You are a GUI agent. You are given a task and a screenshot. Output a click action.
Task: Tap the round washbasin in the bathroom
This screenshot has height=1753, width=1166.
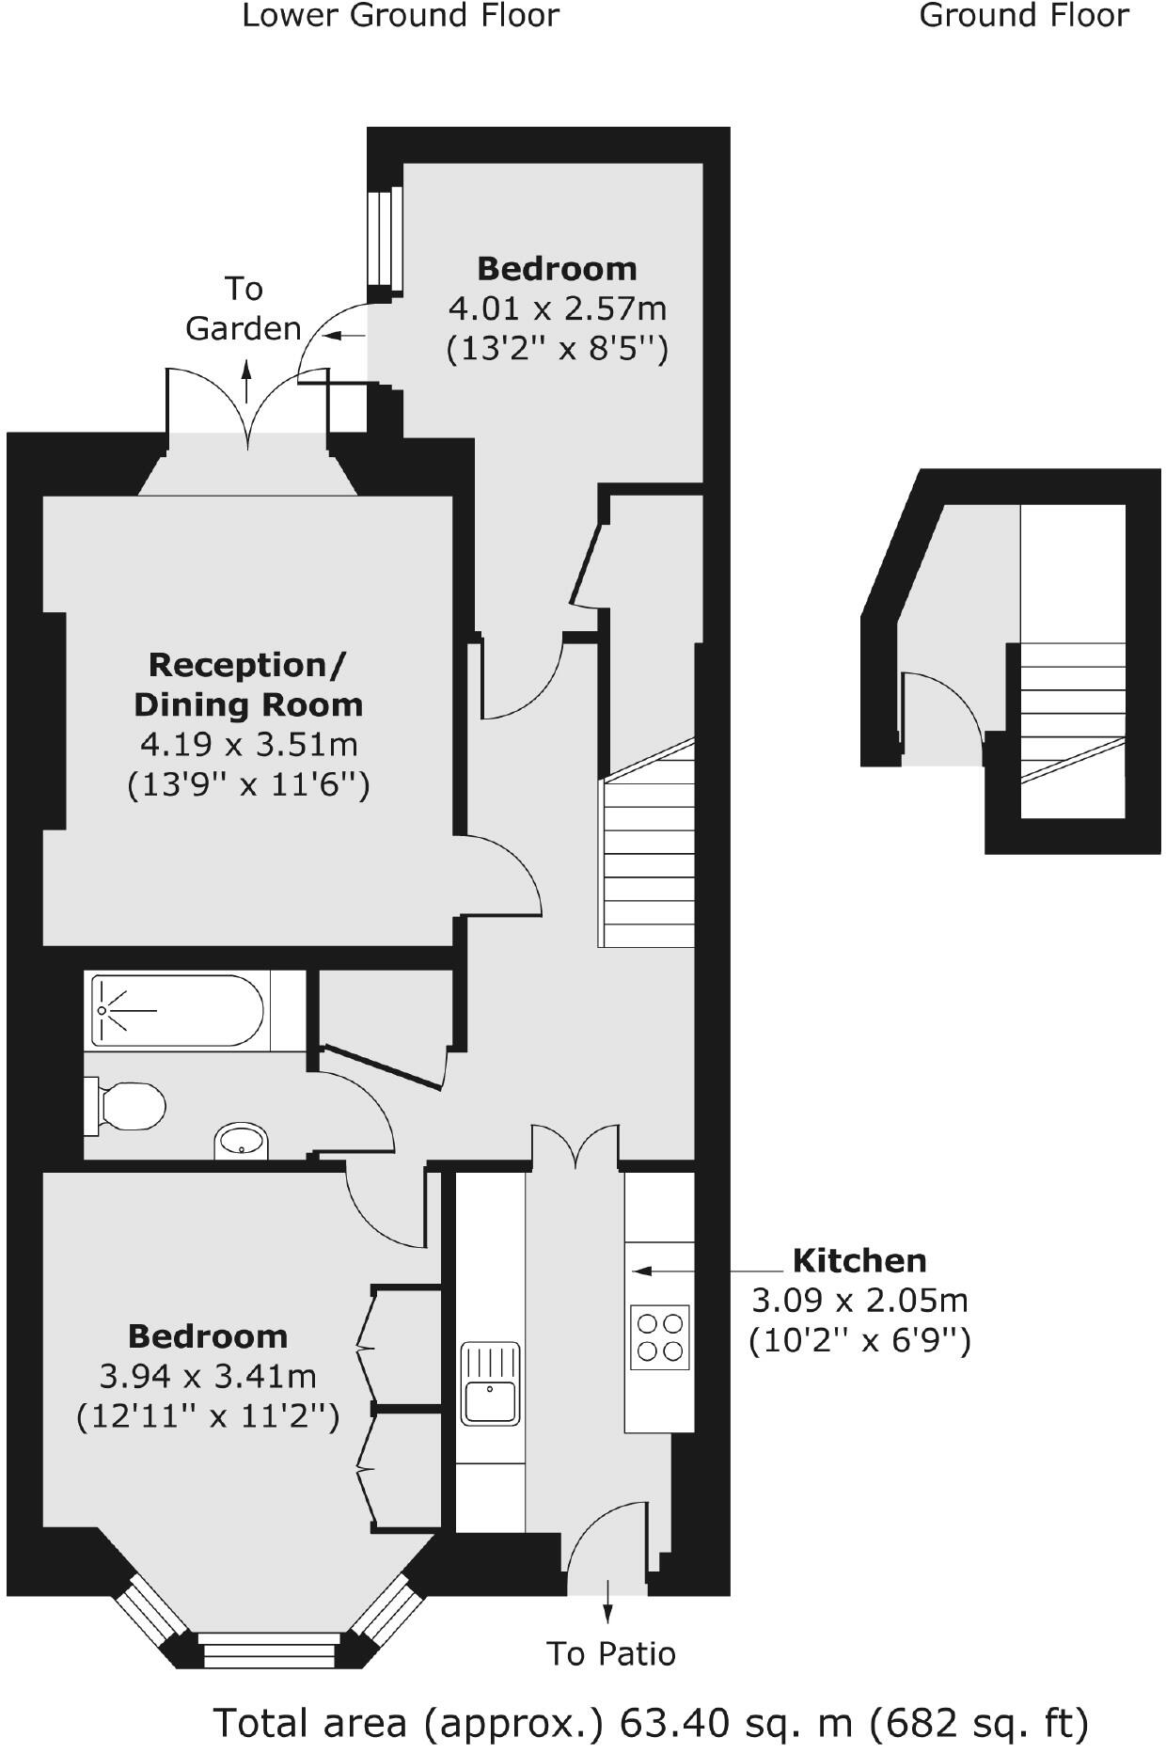[x=242, y=1142]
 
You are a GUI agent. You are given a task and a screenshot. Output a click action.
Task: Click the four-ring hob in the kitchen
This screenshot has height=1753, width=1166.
[x=659, y=1336]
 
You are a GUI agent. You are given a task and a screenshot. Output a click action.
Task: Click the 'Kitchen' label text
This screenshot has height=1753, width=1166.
[x=859, y=1260]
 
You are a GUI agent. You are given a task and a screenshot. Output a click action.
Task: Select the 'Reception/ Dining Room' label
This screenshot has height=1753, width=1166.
[x=248, y=684]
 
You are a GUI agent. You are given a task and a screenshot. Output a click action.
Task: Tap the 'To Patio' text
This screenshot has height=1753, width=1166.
[x=611, y=1652]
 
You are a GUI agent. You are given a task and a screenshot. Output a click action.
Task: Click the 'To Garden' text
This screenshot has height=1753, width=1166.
[x=243, y=308]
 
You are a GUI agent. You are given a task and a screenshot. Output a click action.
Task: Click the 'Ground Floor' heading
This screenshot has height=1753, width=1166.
[x=1023, y=16]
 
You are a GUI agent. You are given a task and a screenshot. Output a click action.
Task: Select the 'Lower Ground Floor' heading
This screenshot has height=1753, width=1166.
[x=401, y=16]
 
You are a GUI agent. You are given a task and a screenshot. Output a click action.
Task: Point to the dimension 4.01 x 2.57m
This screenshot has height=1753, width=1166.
[x=557, y=308]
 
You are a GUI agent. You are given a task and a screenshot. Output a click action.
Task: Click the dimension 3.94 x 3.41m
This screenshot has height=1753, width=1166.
[x=208, y=1376]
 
